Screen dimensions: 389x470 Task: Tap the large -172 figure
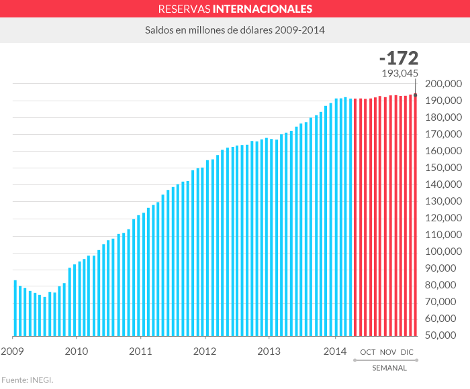click(398, 58)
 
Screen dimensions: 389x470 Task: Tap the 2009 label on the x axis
click(12, 351)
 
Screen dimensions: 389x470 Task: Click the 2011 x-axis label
click(140, 351)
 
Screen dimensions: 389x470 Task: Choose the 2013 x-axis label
click(269, 351)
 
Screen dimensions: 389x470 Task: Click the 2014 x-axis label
click(335, 351)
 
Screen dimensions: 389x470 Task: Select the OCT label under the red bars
click(368, 352)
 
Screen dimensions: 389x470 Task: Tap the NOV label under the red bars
click(388, 352)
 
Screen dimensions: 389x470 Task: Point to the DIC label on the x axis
click(407, 352)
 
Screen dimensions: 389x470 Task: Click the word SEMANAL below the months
click(389, 368)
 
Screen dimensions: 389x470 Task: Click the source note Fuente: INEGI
click(27, 380)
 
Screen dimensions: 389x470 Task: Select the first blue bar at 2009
click(15, 309)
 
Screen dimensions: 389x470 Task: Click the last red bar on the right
click(415, 215)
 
